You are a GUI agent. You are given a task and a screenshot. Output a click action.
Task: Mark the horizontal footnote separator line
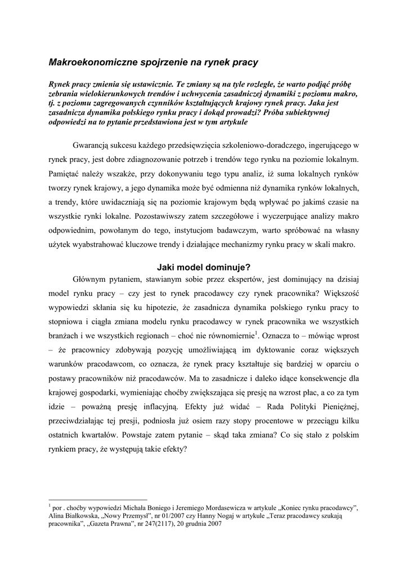coord(98,499)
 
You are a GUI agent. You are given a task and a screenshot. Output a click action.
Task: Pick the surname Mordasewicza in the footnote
coord(223,508)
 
